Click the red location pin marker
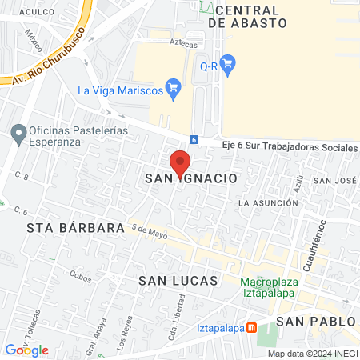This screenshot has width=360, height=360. [181, 162]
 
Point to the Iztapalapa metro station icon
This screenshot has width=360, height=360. [251, 327]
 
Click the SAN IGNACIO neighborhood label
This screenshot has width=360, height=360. [191, 179]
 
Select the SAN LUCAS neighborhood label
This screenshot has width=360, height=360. [178, 281]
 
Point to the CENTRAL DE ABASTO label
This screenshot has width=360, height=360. [247, 17]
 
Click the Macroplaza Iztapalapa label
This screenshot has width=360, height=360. [271, 286]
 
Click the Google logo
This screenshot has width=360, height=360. [26, 350]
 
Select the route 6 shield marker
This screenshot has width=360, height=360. [194, 138]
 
